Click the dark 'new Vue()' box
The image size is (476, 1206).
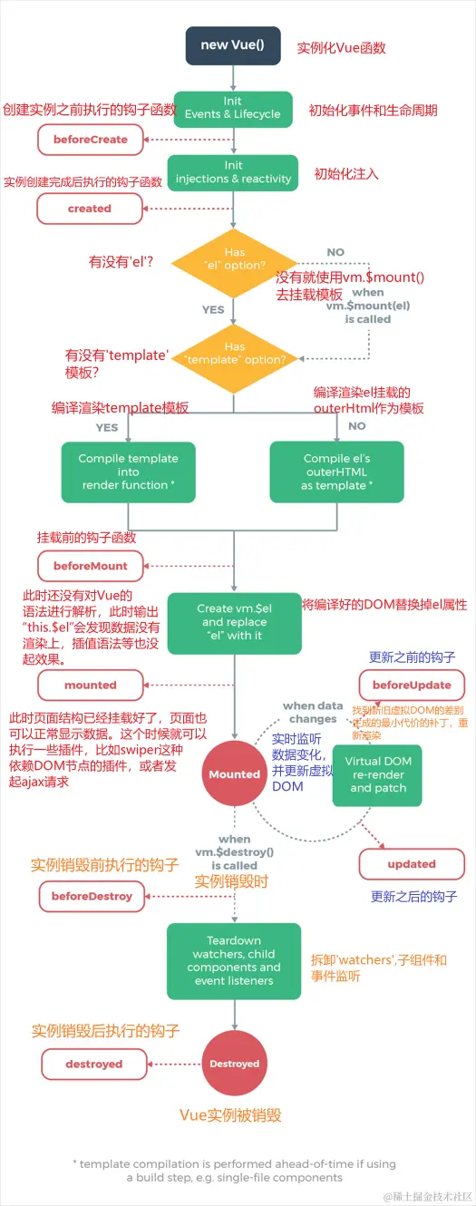[233, 45]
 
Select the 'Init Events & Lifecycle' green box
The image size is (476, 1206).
[233, 108]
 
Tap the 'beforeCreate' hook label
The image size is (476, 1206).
[91, 140]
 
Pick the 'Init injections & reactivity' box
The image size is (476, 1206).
[233, 172]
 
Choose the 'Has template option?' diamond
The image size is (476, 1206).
[233, 354]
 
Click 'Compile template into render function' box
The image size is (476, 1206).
[128, 472]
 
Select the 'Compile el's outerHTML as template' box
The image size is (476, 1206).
[337, 472]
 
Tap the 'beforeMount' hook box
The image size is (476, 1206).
[91, 566]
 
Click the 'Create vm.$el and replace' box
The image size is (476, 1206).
[233, 623]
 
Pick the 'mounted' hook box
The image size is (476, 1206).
[90, 685]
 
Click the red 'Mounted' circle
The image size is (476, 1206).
[234, 774]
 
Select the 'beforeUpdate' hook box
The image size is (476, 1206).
[412, 685]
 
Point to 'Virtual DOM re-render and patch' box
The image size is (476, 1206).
[378, 775]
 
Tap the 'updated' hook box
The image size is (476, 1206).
[412, 864]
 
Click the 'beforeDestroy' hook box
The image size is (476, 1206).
[92, 896]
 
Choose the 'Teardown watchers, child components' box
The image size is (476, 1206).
[233, 961]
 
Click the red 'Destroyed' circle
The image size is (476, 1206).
[234, 1064]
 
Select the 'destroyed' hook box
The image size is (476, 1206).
[93, 1064]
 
